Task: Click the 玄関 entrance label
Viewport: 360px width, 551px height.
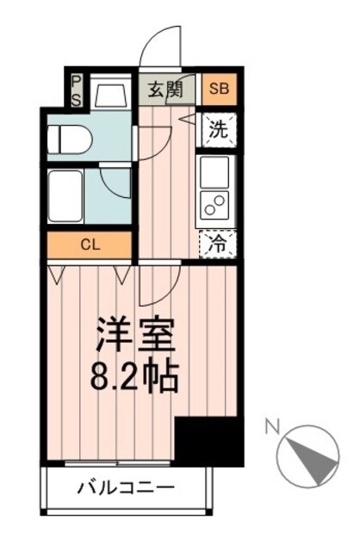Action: pyautogui.click(x=164, y=89)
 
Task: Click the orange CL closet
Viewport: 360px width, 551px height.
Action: pyautogui.click(x=90, y=244)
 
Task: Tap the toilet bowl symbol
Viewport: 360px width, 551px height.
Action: pyautogui.click(x=69, y=139)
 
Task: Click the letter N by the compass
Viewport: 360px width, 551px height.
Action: pyautogui.click(x=271, y=425)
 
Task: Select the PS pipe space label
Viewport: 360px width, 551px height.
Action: pyautogui.click(x=76, y=89)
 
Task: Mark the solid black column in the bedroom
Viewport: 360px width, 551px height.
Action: pyautogui.click(x=208, y=441)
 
